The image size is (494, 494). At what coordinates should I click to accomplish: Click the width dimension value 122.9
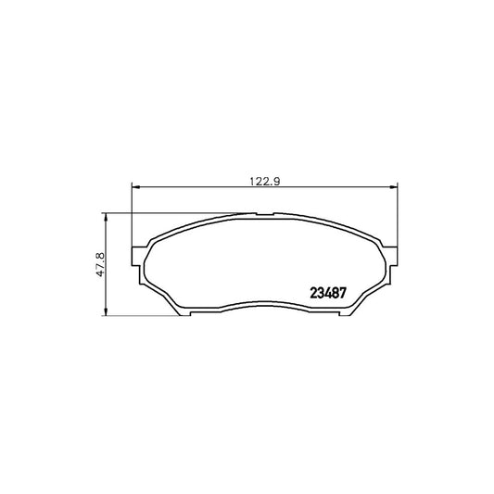click(265, 181)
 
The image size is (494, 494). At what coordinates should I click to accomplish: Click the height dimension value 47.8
click(100, 264)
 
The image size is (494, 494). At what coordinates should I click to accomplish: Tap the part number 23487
click(328, 293)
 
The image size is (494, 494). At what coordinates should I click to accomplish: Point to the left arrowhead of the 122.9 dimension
click(135, 187)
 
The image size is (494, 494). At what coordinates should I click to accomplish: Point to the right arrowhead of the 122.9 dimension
click(394, 187)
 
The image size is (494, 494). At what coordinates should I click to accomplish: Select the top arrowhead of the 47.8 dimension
click(106, 217)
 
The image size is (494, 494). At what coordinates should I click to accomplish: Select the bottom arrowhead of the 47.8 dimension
click(106, 311)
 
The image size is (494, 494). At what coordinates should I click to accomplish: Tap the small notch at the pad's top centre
click(265, 214)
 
